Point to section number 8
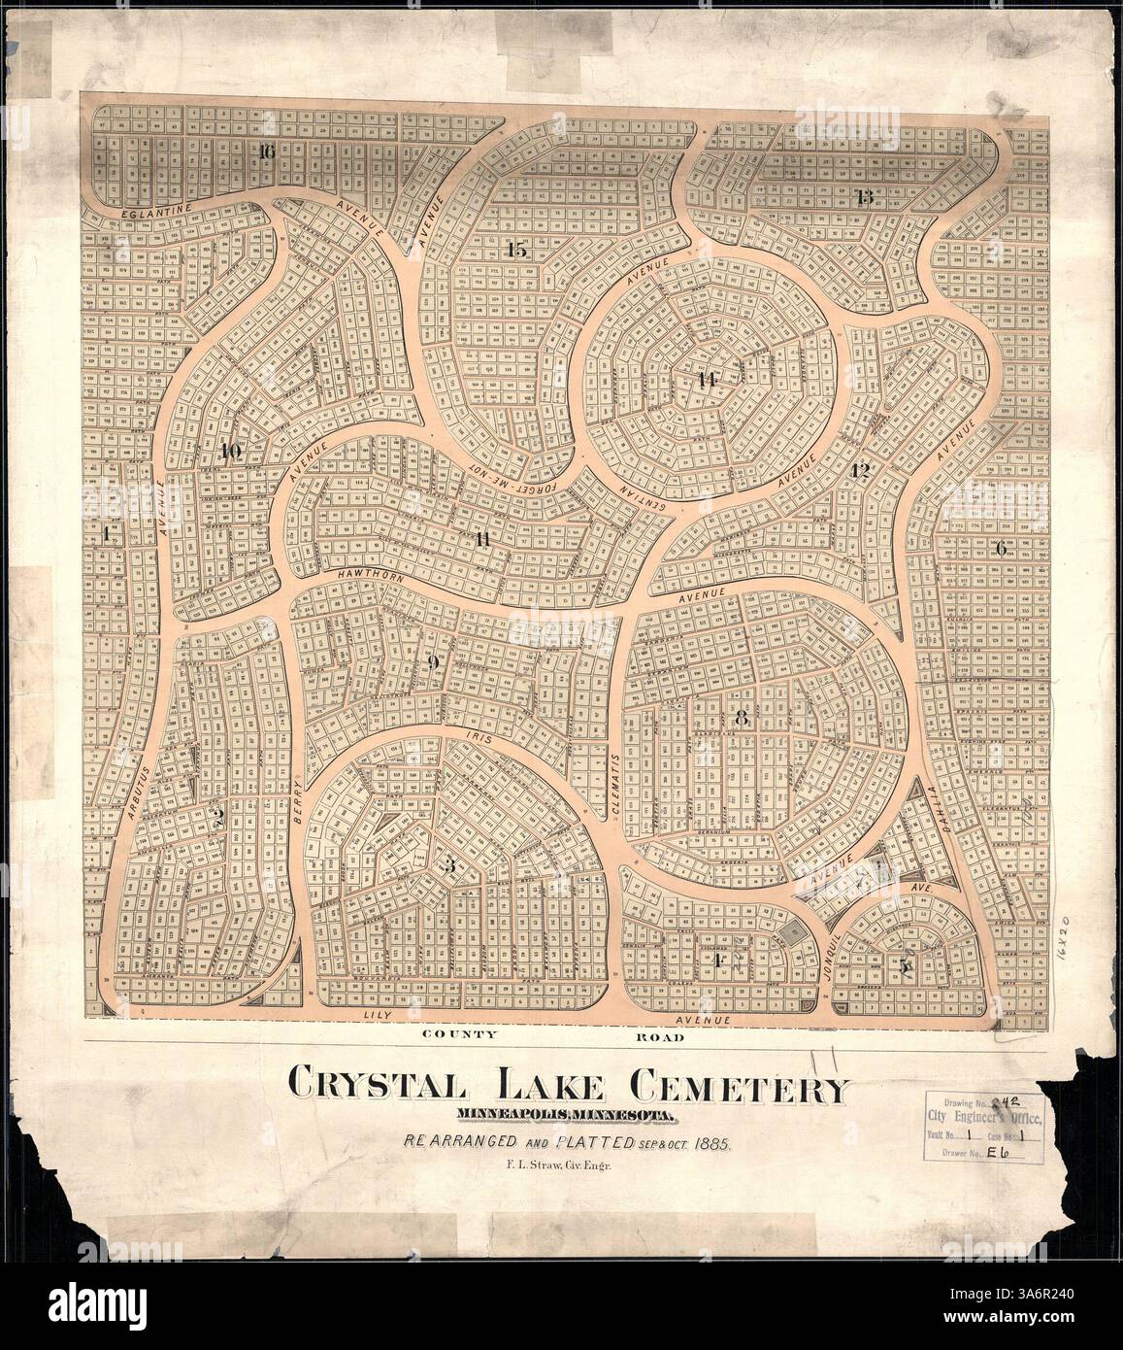(x=742, y=720)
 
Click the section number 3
(x=447, y=867)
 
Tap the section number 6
(x=1001, y=548)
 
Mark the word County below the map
(x=460, y=1036)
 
